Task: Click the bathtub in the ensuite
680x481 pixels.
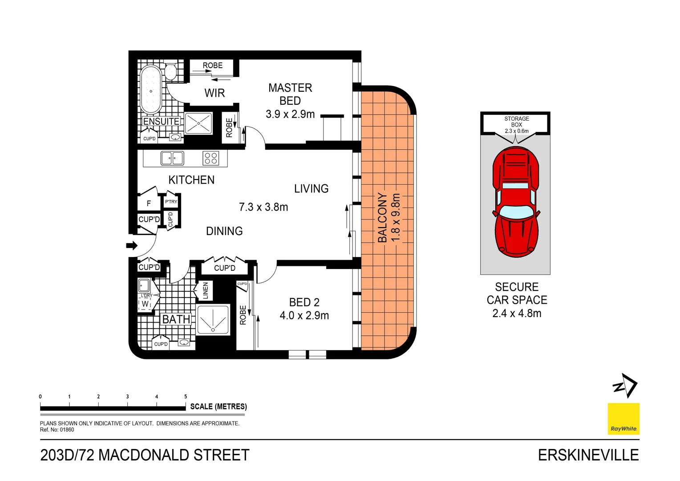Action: click(151, 90)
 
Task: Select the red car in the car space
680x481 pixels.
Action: click(516, 202)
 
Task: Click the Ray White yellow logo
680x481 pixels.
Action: click(623, 419)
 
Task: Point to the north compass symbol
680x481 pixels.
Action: click(625, 385)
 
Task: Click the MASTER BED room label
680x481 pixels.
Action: click(290, 94)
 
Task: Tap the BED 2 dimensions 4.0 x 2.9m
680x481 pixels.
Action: click(304, 316)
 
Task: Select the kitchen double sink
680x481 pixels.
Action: click(172, 158)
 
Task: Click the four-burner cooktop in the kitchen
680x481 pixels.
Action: click(210, 158)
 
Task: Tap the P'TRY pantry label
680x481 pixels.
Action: click(171, 202)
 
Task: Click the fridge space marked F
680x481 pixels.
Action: click(149, 204)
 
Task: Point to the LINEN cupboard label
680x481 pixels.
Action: click(205, 290)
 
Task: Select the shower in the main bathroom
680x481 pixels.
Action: click(213, 319)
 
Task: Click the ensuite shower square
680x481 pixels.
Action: click(198, 123)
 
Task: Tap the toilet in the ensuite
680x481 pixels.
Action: click(171, 72)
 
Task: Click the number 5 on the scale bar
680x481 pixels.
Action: click(186, 396)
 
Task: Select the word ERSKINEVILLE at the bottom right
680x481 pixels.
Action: click(588, 455)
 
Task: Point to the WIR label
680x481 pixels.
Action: click(215, 93)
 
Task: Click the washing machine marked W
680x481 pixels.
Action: click(145, 304)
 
